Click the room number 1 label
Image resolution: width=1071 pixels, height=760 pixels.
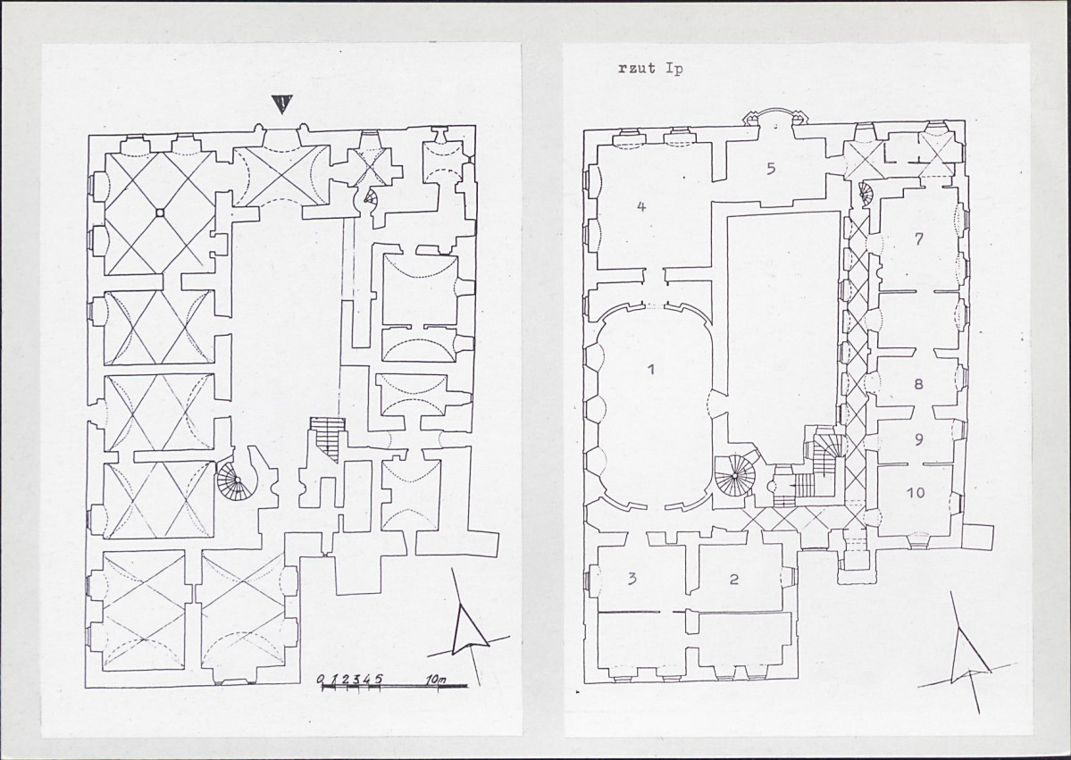click(651, 370)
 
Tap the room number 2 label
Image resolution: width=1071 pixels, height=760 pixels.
click(734, 580)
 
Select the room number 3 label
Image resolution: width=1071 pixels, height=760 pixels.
click(632, 579)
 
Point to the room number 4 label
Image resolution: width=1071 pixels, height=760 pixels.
click(640, 206)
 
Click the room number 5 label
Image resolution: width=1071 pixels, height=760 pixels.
click(771, 169)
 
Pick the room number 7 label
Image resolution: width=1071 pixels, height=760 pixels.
click(918, 239)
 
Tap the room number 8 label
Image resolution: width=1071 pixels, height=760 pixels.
click(918, 384)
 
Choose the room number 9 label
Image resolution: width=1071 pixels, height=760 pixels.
click(918, 439)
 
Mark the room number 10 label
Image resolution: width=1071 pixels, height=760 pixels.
click(916, 492)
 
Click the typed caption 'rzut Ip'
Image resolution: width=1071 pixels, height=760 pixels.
click(650, 68)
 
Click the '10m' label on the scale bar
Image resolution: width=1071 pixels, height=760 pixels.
click(435, 680)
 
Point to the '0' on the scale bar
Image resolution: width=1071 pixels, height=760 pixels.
click(321, 680)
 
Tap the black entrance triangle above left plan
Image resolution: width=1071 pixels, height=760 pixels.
click(281, 104)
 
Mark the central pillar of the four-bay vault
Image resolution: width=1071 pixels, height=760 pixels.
click(158, 213)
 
